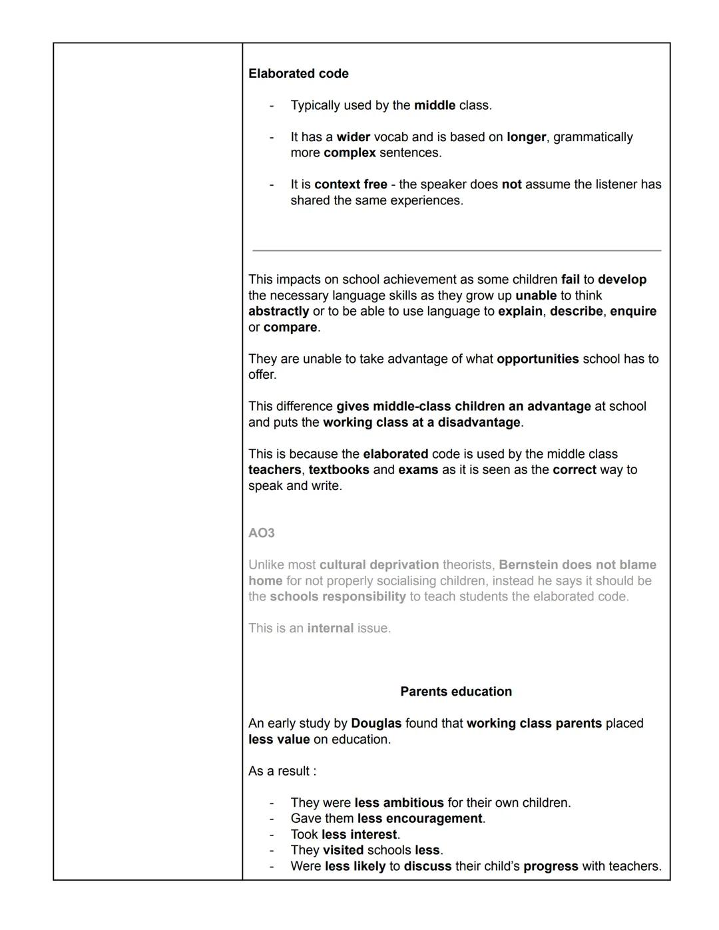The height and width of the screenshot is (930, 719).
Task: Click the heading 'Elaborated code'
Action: [x=298, y=74]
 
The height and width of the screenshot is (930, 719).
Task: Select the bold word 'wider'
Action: [x=353, y=137]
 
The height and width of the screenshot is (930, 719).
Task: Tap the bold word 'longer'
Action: [x=526, y=137]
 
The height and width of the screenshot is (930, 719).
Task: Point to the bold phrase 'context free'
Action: [x=350, y=184]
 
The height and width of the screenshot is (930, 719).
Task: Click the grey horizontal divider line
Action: [x=457, y=251]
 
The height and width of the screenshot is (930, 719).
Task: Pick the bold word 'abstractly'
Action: [x=278, y=312]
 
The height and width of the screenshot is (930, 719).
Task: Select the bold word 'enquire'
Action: [x=633, y=312]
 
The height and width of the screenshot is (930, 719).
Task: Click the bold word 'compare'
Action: [x=290, y=328]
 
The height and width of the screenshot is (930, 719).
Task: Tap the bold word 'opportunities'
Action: [x=537, y=359]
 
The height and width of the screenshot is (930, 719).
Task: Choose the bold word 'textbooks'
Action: [x=339, y=470]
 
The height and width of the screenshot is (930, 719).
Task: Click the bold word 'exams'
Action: [x=418, y=470]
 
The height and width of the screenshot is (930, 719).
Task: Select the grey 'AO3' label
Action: [x=262, y=533]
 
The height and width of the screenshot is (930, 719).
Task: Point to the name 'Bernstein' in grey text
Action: [x=528, y=565]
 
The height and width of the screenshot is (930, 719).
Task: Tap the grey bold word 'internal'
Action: [x=330, y=628]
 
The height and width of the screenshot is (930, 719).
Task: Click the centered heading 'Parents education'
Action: [x=456, y=692]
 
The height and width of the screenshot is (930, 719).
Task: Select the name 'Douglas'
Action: [x=376, y=724]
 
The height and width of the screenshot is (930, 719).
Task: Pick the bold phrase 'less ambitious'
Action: [x=399, y=803]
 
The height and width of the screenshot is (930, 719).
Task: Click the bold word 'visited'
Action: [x=343, y=851]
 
